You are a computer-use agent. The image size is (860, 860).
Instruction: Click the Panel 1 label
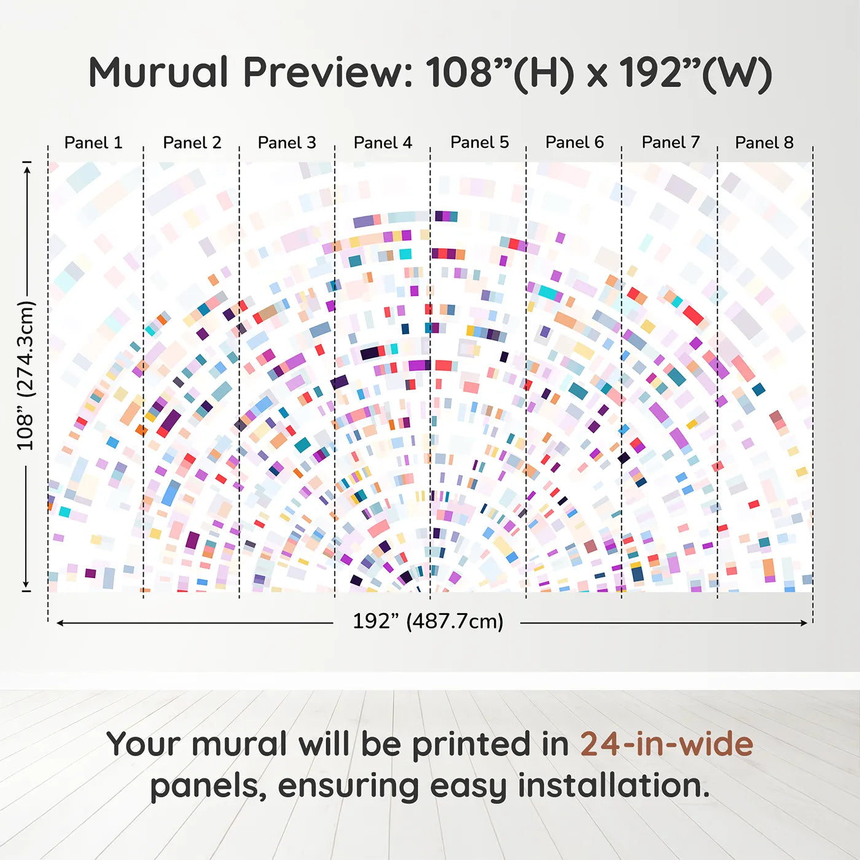93,143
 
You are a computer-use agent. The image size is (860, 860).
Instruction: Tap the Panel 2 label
192,143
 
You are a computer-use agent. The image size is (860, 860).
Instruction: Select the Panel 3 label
287,143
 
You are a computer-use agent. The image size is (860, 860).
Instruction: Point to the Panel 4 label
383,143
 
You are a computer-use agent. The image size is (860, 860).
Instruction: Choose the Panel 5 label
480,143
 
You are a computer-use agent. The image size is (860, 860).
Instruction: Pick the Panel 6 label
575,143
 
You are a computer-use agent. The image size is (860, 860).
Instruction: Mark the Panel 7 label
671,143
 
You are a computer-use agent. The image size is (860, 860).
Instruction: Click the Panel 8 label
765,143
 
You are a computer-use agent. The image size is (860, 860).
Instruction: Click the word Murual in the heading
159,72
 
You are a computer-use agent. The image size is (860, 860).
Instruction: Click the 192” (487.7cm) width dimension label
428,621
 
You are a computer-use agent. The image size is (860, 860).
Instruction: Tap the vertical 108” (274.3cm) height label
25,375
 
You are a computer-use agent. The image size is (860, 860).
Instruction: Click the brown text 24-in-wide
666,744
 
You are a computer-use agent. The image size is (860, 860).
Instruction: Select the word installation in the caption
614,785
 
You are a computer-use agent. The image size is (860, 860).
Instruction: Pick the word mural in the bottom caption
241,744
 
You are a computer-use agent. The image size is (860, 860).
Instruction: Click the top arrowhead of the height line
28,170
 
